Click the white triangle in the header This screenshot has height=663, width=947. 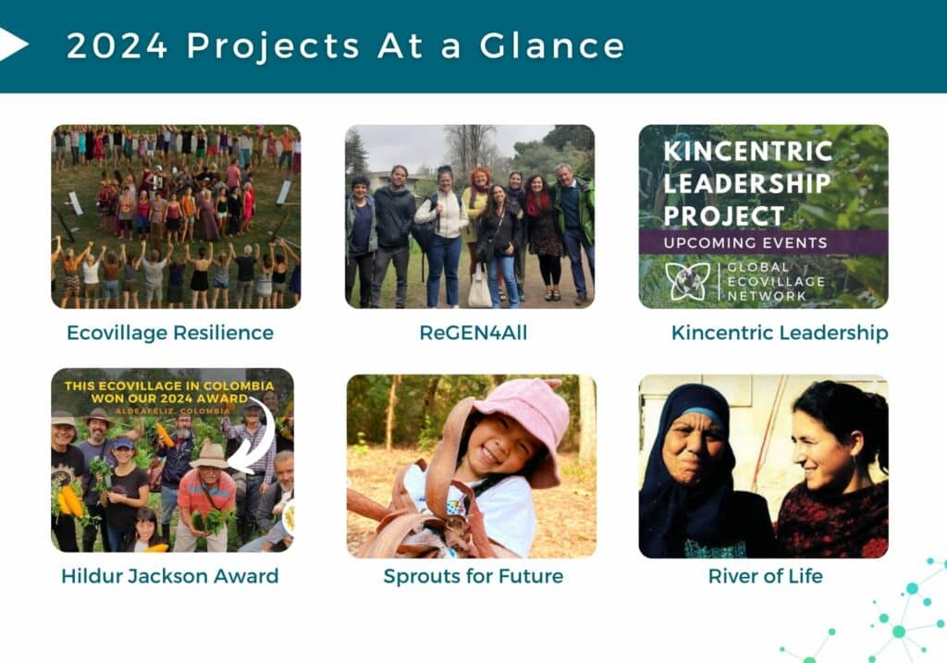[x=12, y=44]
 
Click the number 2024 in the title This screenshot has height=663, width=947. [x=117, y=46]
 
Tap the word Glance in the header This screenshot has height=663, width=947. [x=552, y=46]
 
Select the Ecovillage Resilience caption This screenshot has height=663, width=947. [x=170, y=333]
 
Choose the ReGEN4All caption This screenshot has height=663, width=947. [x=473, y=333]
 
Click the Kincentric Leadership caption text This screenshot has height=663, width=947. [x=780, y=333]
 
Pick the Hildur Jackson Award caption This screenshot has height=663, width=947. [x=170, y=576]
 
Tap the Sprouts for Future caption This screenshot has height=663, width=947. [x=473, y=576]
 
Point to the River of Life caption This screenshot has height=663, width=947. [x=765, y=576]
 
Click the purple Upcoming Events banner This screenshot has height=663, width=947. [x=763, y=242]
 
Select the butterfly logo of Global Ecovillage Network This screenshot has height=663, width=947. [x=687, y=281]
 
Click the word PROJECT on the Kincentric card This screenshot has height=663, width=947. [x=723, y=216]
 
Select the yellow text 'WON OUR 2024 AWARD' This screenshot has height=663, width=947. [x=169, y=399]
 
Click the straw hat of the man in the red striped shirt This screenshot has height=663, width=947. [x=209, y=457]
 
